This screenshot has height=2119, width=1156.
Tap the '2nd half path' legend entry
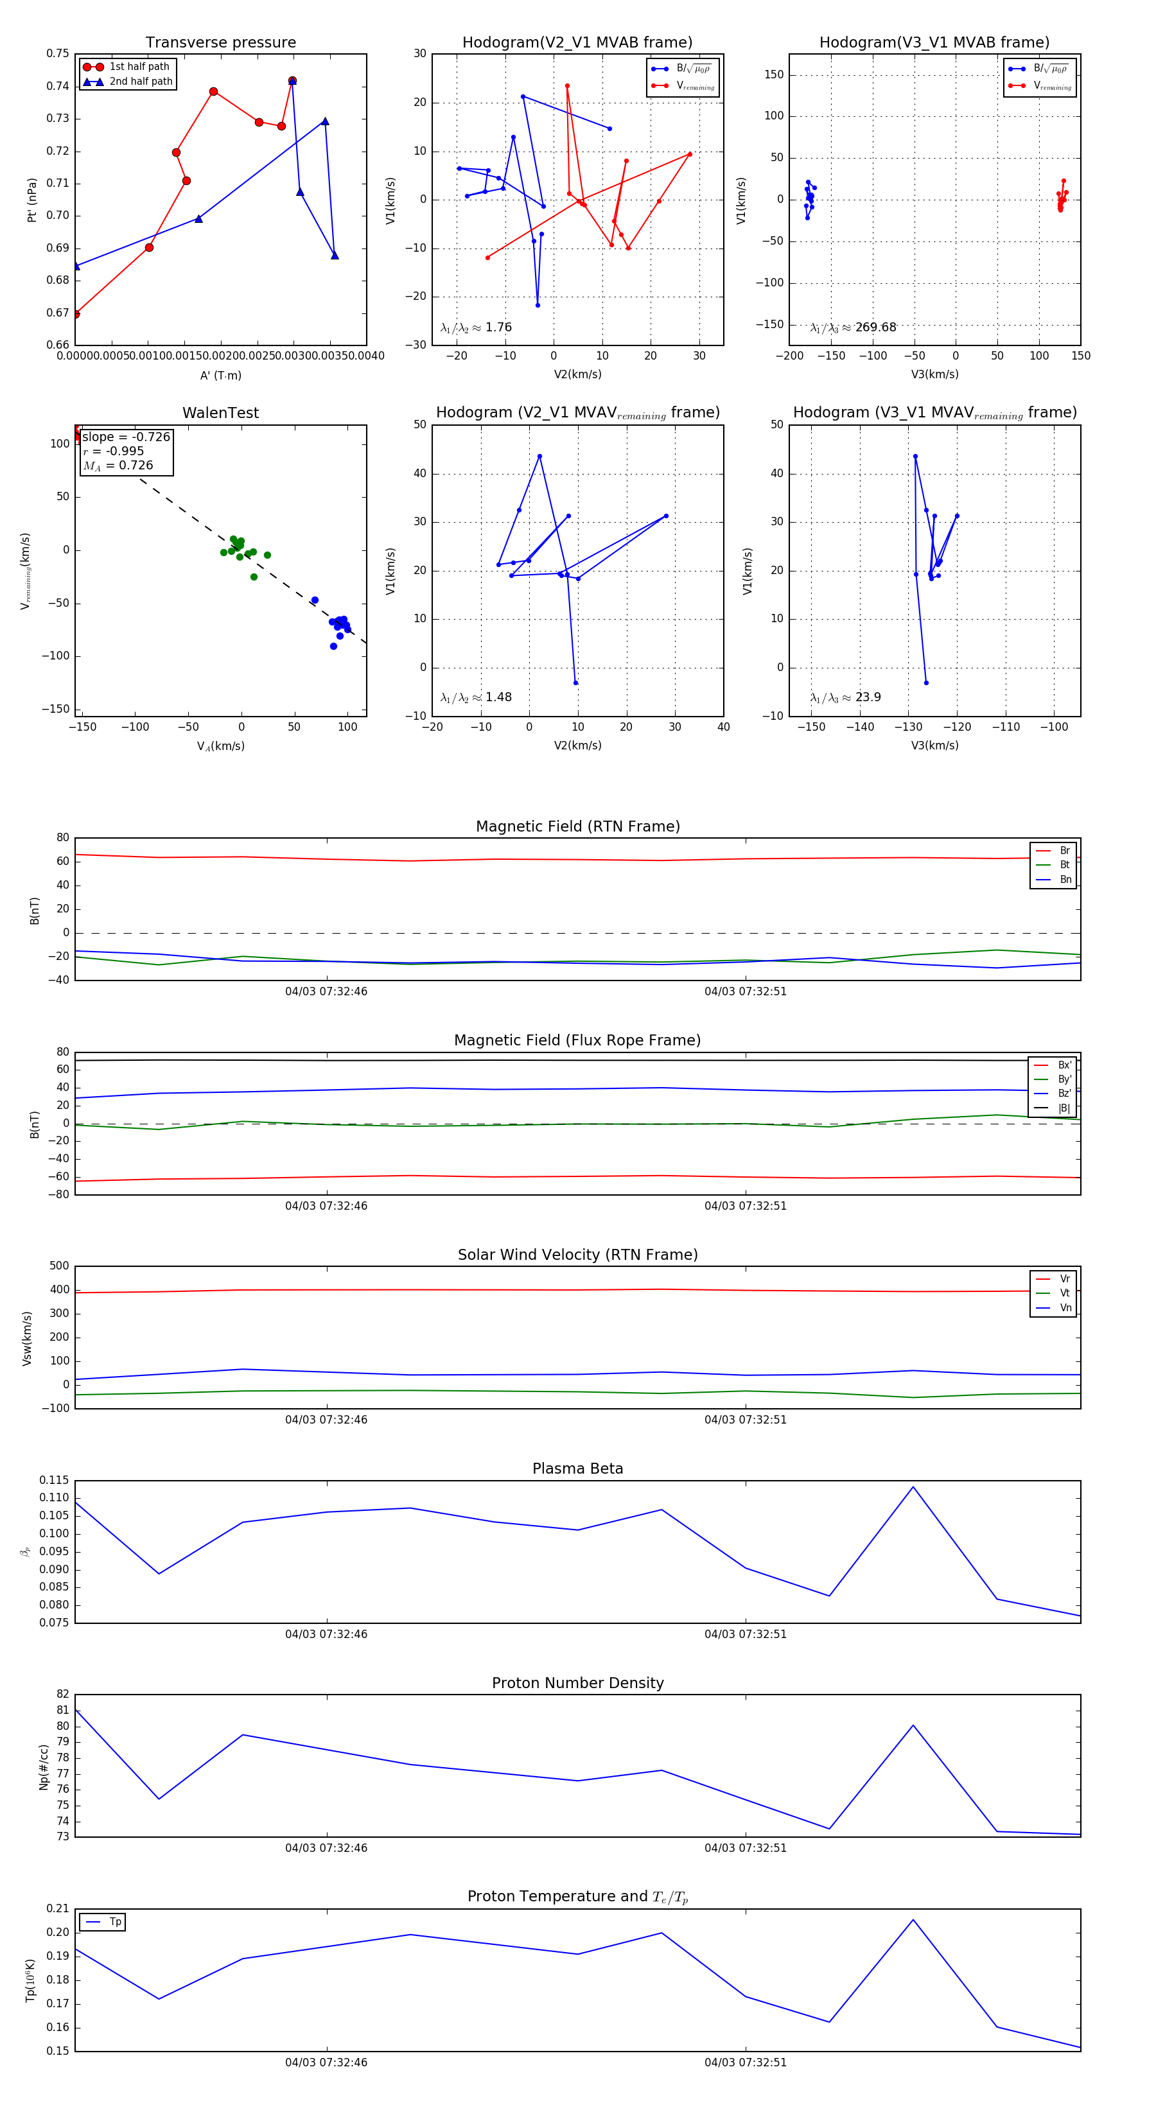coord(141,82)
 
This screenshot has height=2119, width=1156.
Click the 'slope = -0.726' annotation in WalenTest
coord(126,437)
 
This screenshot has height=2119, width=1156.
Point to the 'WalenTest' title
coord(220,413)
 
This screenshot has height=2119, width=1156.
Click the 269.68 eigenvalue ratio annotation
coord(854,327)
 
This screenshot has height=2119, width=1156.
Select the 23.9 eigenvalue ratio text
coord(846,697)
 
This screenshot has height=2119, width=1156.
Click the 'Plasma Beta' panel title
coord(577,1469)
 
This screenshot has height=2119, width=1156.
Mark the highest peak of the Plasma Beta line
coord(913,1487)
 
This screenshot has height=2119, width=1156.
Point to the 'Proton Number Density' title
coord(577,1682)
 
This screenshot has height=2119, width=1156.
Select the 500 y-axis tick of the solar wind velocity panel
coord(59,1266)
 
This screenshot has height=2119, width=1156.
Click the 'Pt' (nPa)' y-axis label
coord(32,200)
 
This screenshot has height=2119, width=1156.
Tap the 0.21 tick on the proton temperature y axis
coord(58,1908)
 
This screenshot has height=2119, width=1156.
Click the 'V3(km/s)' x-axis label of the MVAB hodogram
coord(934,374)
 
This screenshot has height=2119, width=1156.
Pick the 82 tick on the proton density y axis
coord(62,1694)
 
